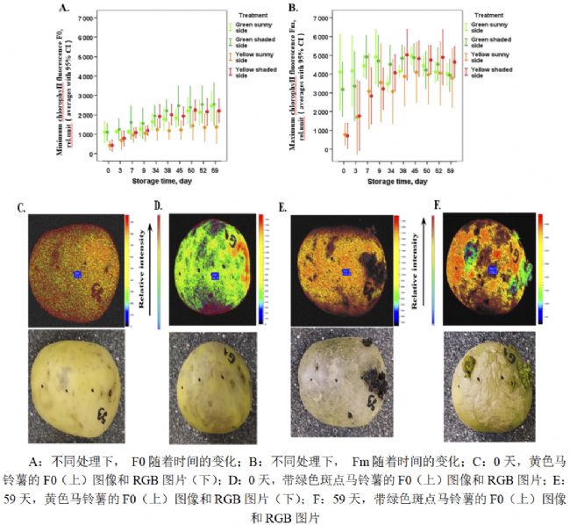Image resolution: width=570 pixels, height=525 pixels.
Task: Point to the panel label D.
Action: coord(158,207)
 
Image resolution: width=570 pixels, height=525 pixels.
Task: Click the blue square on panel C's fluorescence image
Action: coord(77,275)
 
